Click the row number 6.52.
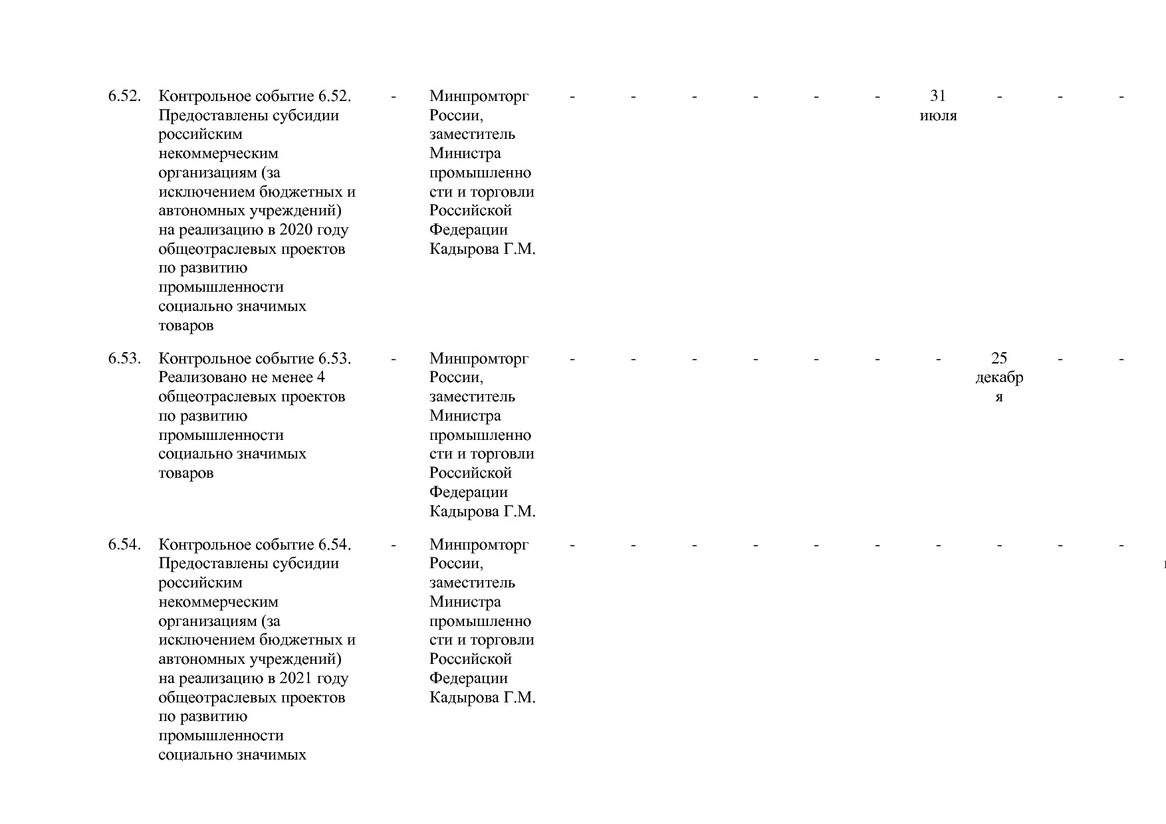pyautogui.click(x=124, y=96)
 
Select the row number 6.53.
pyautogui.click(x=124, y=359)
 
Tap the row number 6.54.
pyautogui.click(x=124, y=545)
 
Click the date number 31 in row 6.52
pyautogui.click(x=937, y=96)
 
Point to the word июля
pyautogui.click(x=938, y=116)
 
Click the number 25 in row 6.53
pyautogui.click(x=998, y=359)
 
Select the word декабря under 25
pyautogui.click(x=998, y=378)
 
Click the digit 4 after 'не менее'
pyautogui.click(x=321, y=378)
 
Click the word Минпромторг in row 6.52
pyautogui.click(x=479, y=96)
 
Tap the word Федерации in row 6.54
pyautogui.click(x=468, y=678)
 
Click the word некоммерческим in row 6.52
pyautogui.click(x=218, y=154)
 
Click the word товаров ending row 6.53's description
pyautogui.click(x=185, y=474)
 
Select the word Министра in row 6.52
pyautogui.click(x=465, y=154)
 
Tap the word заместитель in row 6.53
pyautogui.click(x=472, y=397)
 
